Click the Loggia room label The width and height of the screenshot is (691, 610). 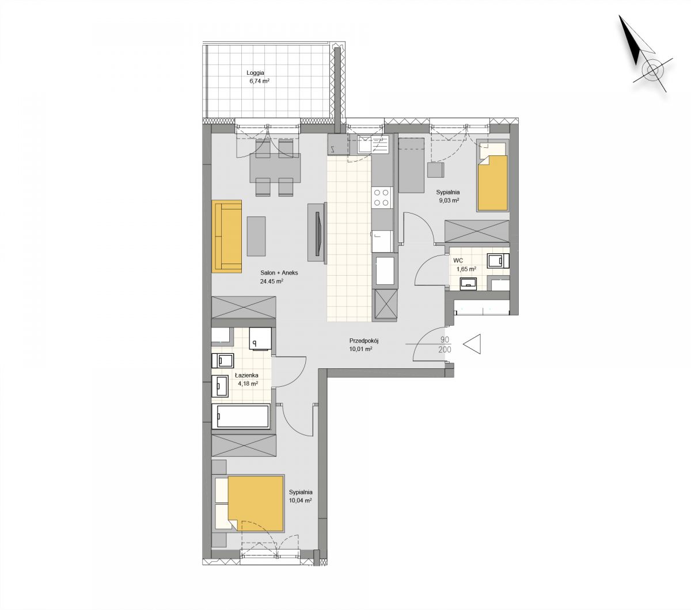click(255, 73)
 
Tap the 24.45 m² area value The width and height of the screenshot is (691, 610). click(271, 281)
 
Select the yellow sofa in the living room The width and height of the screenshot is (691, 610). click(226, 237)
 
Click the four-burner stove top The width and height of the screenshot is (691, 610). click(381, 197)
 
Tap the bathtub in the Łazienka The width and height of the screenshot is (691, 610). click(241, 416)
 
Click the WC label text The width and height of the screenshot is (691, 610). click(458, 261)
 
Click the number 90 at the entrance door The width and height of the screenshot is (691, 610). click(445, 340)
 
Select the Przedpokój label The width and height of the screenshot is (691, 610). click(364, 340)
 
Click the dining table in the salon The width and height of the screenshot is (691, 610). click(275, 168)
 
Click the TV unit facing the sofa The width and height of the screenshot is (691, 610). click(317, 232)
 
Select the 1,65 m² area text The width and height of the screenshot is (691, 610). click(466, 269)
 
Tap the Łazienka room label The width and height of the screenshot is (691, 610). click(246, 375)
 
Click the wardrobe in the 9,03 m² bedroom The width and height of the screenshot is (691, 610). click(477, 231)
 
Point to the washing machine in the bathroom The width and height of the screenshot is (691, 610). click(261, 338)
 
